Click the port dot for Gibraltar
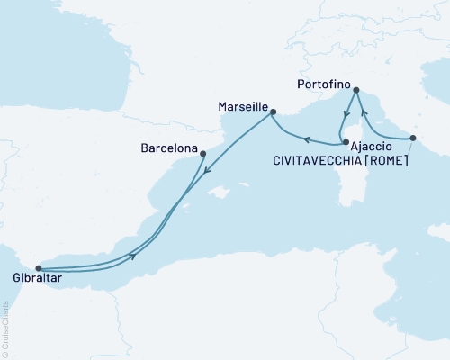38,267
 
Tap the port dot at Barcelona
202,153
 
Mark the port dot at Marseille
274,112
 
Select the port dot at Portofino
356,90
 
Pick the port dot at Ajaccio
346,142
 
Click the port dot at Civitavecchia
412,138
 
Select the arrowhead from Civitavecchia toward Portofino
364,115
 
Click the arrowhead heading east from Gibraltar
134,256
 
